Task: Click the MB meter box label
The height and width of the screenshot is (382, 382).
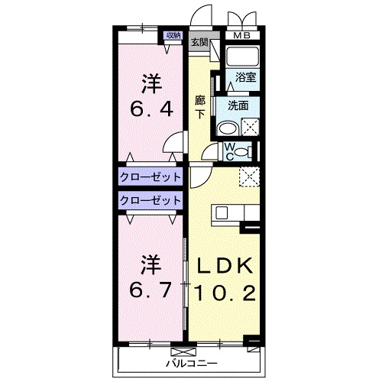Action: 242,36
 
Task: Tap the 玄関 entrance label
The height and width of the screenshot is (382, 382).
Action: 199,42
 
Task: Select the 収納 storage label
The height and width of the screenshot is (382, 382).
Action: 173,35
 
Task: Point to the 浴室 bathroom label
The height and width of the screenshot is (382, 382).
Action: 245,77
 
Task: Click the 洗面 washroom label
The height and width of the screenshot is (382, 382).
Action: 238,105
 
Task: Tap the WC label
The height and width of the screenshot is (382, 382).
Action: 230,152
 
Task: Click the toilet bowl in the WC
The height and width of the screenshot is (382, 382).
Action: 241,152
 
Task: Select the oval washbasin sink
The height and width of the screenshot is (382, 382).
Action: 228,129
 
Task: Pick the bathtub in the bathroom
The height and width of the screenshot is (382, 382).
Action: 242,57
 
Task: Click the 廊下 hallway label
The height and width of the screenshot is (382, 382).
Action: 200,108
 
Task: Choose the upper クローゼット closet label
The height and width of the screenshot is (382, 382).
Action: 151,176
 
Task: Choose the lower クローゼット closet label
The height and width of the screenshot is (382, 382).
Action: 151,200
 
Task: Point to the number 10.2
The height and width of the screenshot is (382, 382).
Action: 225,293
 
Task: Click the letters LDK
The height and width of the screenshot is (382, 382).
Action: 225,266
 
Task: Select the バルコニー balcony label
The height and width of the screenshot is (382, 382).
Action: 192,363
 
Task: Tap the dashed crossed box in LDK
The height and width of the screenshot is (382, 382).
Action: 249,177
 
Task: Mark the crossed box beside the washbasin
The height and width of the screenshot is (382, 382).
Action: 250,127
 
